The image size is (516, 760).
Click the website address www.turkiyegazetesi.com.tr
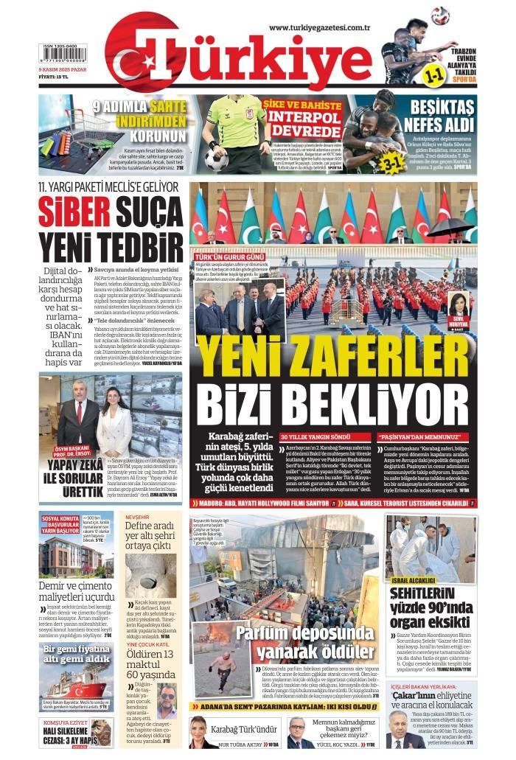point(318,27)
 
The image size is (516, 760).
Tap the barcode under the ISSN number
point(63,57)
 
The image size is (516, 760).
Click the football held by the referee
point(217,158)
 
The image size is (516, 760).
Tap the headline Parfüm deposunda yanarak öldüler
point(304,641)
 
